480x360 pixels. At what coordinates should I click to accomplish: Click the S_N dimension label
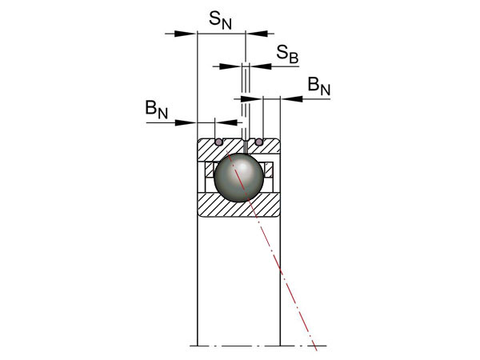click(221, 20)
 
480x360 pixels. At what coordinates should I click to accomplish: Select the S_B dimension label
click(288, 54)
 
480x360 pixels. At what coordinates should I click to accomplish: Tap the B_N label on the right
click(318, 86)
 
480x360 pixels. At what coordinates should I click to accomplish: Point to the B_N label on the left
click(157, 110)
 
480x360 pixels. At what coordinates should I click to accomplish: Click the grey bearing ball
click(238, 178)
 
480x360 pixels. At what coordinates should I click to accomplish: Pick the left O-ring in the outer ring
click(218, 142)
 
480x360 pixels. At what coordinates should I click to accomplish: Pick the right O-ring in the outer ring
click(258, 142)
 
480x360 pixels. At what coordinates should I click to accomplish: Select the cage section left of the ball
click(210, 170)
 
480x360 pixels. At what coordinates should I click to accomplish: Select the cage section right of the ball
click(267, 170)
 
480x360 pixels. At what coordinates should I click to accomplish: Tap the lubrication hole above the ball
click(245, 145)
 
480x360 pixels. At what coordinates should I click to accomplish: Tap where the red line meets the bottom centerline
click(314, 346)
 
